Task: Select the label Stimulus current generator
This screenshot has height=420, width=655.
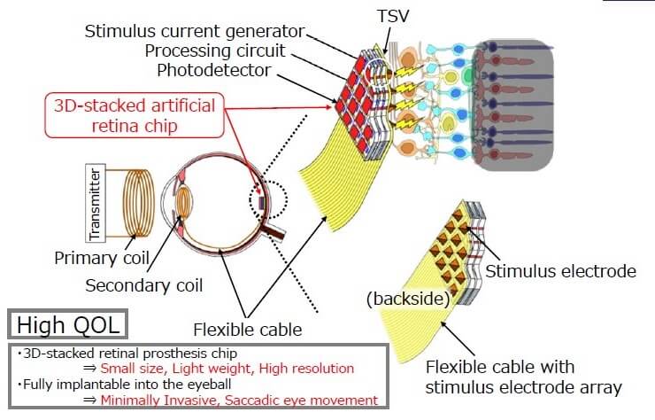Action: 194,31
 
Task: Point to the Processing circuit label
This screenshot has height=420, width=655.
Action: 217,51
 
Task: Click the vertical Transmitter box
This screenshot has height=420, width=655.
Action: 96,202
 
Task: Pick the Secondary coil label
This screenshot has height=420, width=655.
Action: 144,285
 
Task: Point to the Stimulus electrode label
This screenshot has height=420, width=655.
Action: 560,271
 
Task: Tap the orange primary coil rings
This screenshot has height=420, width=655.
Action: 135,204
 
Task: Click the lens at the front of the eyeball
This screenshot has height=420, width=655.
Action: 185,201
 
